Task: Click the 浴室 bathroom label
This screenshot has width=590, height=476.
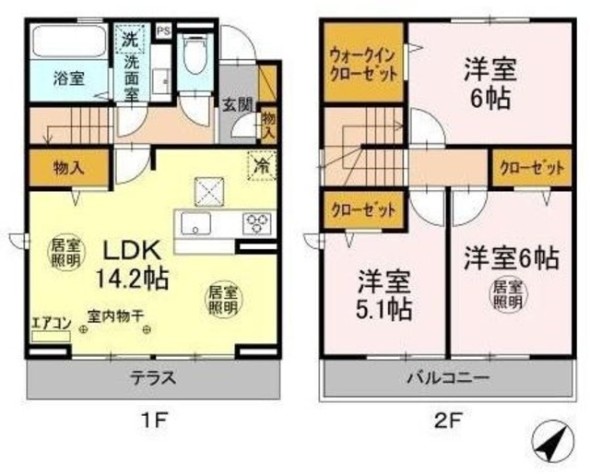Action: pos(68,79)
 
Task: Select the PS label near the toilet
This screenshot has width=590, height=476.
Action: pos(164,30)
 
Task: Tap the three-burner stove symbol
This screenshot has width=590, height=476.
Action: pos(254,223)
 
